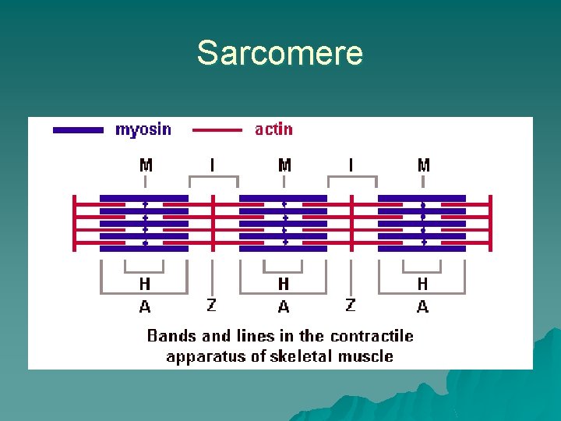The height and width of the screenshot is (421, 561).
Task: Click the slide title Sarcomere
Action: pyautogui.click(x=280, y=53)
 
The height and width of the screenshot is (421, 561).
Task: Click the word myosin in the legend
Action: pyautogui.click(x=143, y=129)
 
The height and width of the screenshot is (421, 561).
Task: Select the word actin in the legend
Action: pyautogui.click(x=273, y=129)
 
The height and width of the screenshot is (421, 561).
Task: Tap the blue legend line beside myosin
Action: pyautogui.click(x=78, y=130)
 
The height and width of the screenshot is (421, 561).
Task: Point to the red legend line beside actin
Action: pyautogui.click(x=217, y=130)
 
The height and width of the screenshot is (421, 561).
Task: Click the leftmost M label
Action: pyautogui.click(x=146, y=165)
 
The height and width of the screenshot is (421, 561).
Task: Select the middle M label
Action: pyautogui.click(x=284, y=165)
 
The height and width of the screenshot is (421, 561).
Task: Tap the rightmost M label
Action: pyautogui.click(x=423, y=165)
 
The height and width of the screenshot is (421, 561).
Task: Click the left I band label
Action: pyautogui.click(x=212, y=165)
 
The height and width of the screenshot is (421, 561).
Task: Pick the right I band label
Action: pyautogui.click(x=351, y=165)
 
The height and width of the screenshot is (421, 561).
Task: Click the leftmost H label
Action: pyautogui.click(x=145, y=285)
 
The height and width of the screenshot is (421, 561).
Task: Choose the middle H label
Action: pyautogui.click(x=284, y=285)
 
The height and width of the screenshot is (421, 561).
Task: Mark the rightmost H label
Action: pyautogui.click(x=422, y=285)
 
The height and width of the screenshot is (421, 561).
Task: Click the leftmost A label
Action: pyautogui.click(x=145, y=307)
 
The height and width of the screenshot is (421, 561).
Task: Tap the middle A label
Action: pyautogui.click(x=284, y=307)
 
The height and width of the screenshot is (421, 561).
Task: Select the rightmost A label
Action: pyautogui.click(x=422, y=307)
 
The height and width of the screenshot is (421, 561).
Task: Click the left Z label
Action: pyautogui.click(x=212, y=305)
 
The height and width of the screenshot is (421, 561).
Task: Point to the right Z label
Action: pyautogui.click(x=351, y=305)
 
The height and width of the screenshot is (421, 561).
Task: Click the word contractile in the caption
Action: pyautogui.click(x=372, y=336)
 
